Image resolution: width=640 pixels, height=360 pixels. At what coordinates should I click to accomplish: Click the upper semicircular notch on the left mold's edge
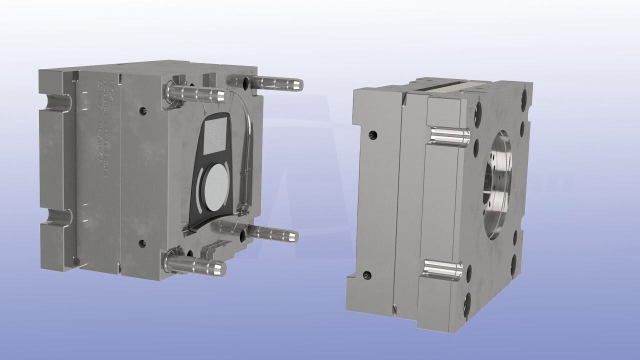pyautogui.click(x=56, y=103)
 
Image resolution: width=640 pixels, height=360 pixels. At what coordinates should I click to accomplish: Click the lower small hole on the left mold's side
pyautogui.click(x=142, y=243)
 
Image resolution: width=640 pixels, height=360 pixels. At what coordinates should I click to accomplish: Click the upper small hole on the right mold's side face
pyautogui.click(x=372, y=135)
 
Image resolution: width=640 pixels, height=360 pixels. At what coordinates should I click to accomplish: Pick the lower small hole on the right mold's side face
pyautogui.click(x=367, y=275)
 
